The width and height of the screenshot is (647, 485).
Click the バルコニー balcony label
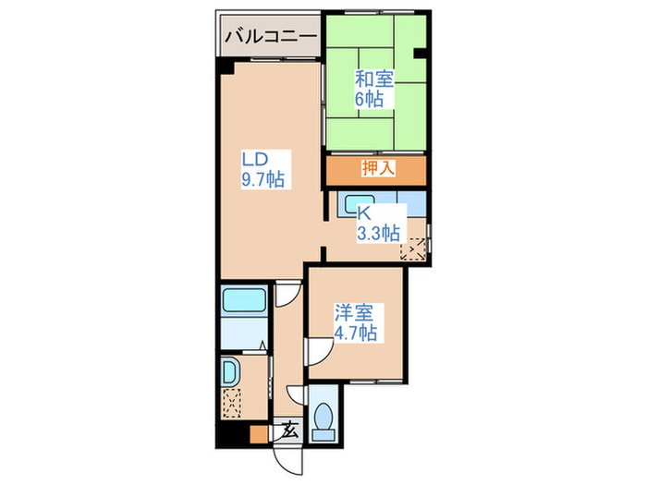pyautogui.click(x=269, y=38)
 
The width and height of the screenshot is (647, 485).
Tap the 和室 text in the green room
pyautogui.click(x=373, y=79)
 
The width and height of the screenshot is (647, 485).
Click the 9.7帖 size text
pyautogui.click(x=262, y=179)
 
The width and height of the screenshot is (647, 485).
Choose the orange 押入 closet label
pyautogui.click(x=376, y=169)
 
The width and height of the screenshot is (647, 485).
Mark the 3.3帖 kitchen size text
pyautogui.click(x=379, y=233)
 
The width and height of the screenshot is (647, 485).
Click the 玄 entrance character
pyautogui.click(x=290, y=430)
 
